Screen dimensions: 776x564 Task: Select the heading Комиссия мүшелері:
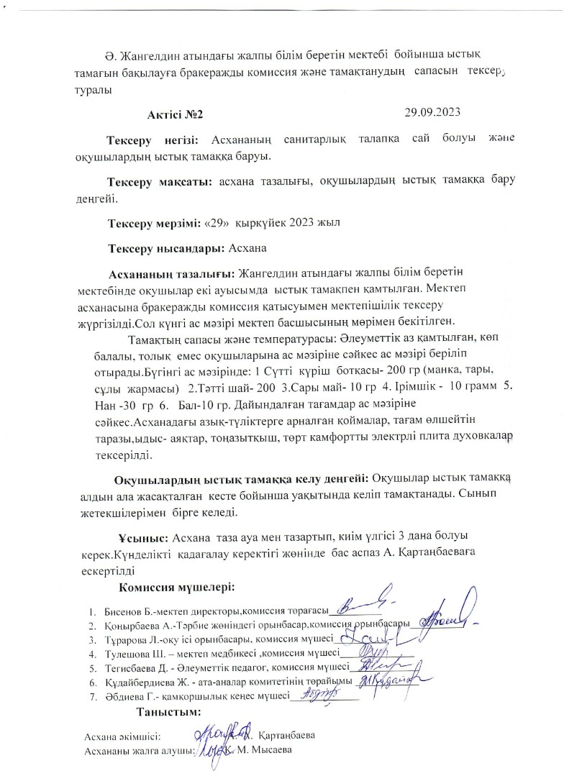[177, 588]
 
